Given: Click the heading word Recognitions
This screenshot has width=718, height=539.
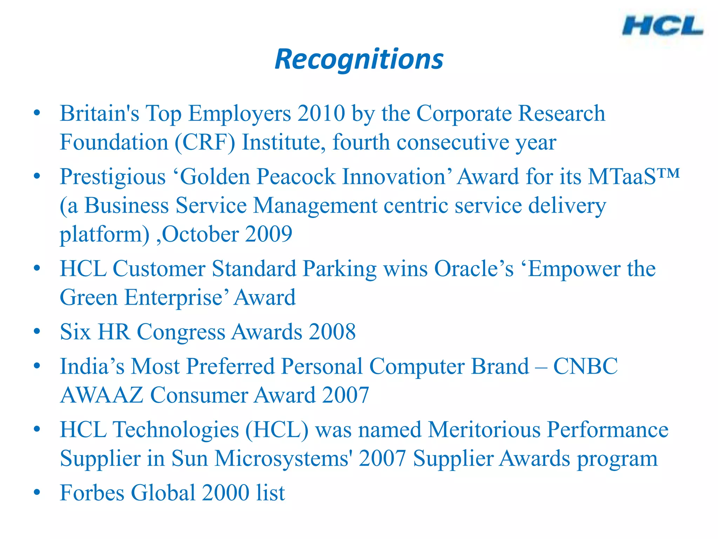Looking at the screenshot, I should [x=359, y=59].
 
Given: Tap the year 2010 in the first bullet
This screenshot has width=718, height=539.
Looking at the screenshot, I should [x=321, y=113].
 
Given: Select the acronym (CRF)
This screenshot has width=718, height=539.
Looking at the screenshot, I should [x=205, y=142].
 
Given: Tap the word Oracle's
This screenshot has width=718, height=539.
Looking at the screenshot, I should [x=474, y=269].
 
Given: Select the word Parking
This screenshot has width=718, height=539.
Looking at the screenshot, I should [x=339, y=269].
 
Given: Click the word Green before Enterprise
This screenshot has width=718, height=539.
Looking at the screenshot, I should [x=89, y=298].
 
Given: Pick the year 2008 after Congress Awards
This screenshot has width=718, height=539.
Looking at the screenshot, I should [x=332, y=332].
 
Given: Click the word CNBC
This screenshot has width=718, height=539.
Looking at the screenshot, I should [x=585, y=366].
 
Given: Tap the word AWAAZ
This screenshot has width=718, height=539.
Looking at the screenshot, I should [x=102, y=395].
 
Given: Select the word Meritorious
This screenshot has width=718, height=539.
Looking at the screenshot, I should [x=484, y=430].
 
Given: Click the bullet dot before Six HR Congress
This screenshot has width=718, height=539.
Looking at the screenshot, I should [x=37, y=331].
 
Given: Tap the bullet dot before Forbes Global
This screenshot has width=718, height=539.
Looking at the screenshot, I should [x=37, y=492].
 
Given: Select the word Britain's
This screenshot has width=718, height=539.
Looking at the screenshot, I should [x=99, y=113].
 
